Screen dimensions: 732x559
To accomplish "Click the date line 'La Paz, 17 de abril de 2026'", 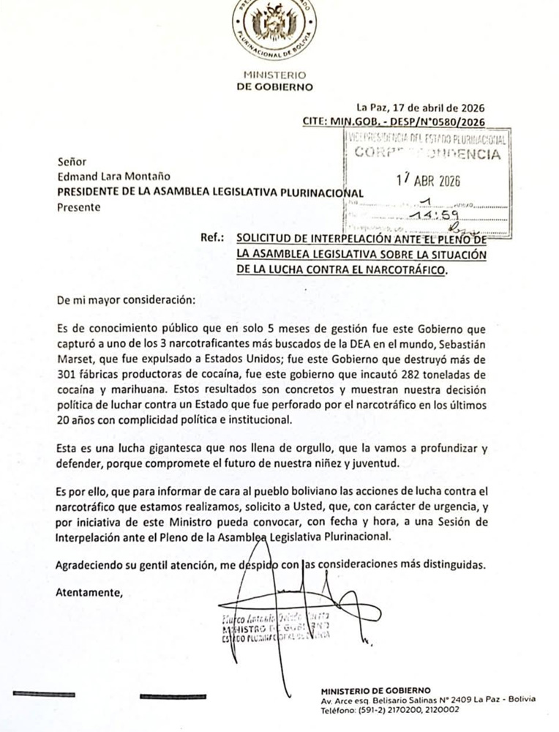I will (420, 107).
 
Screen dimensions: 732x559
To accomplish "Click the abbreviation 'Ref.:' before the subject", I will (214, 239).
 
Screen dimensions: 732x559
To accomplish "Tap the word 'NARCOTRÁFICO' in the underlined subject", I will (402, 269).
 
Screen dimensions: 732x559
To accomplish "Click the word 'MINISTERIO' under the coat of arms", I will (274, 75).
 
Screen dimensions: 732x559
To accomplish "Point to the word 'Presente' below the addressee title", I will (76, 207).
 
